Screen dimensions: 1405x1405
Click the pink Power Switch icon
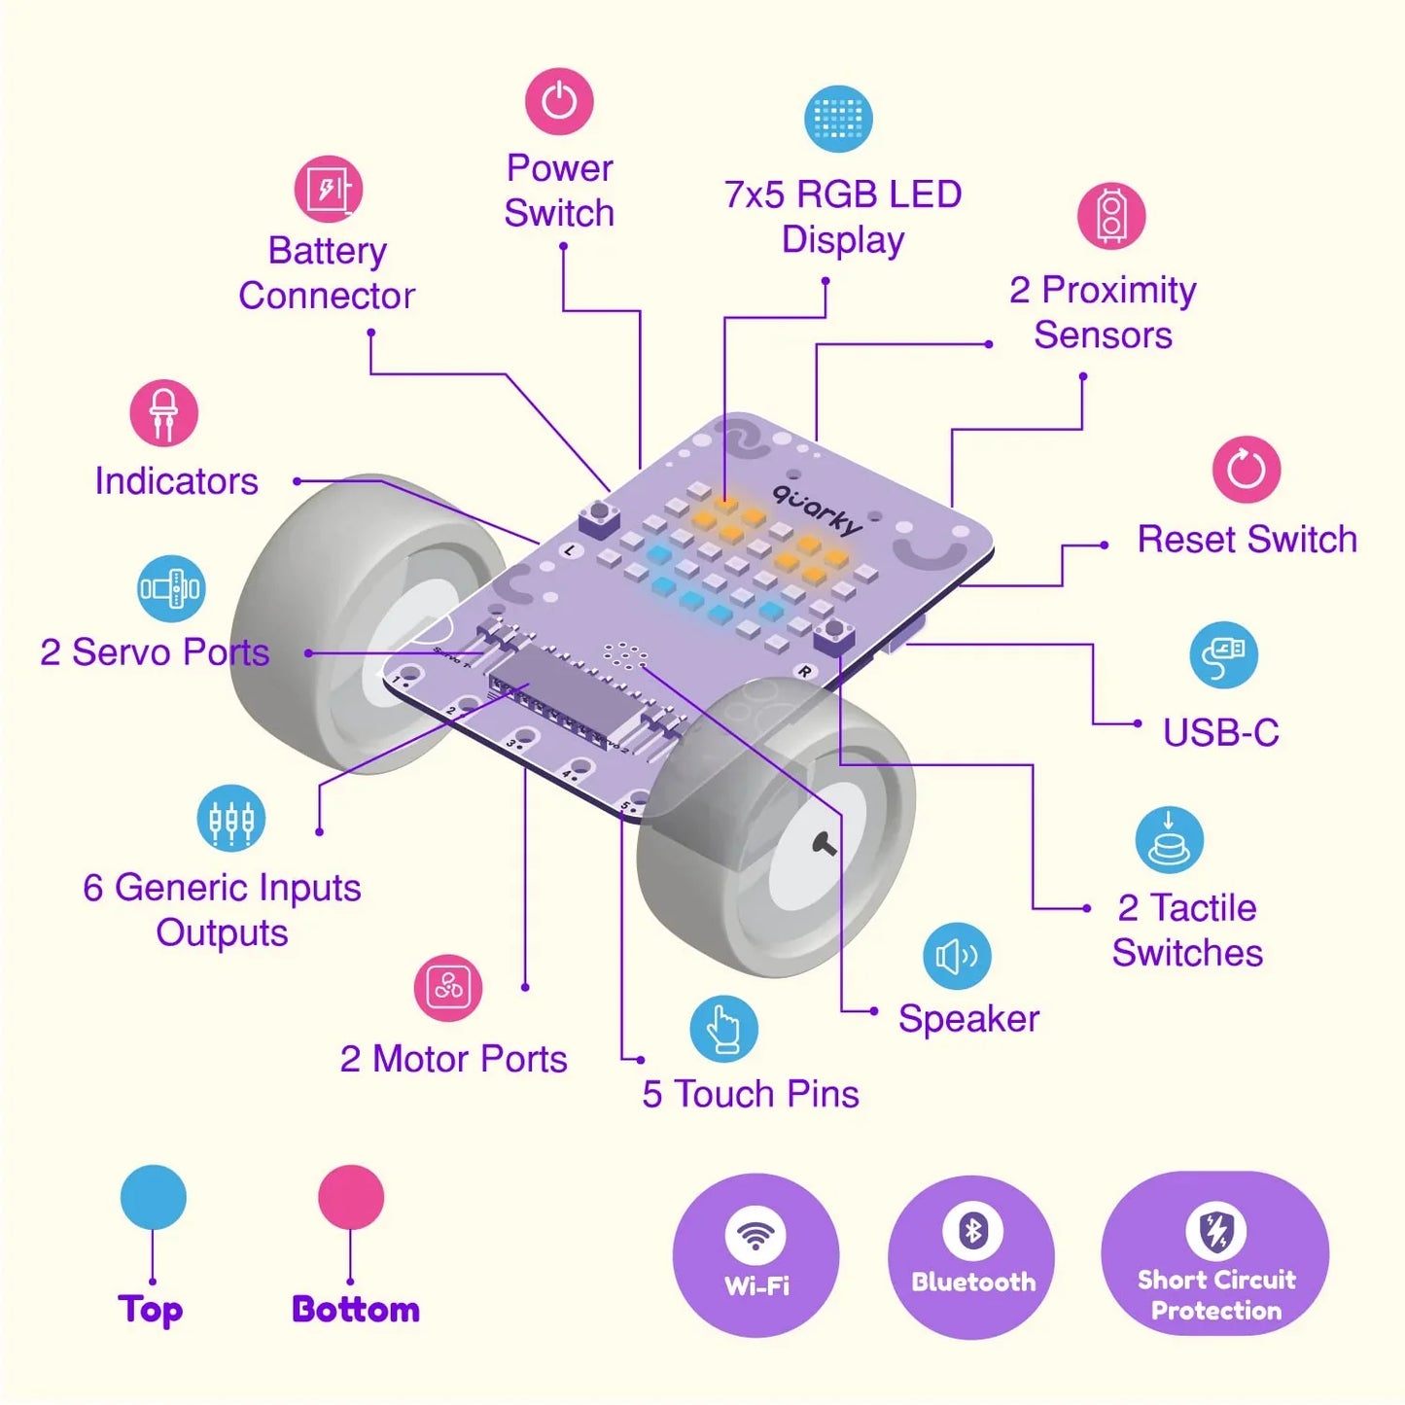click(559, 101)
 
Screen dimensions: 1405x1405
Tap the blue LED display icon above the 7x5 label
click(838, 119)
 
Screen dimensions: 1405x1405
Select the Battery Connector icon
click(329, 189)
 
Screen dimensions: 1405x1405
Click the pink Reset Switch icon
click(1247, 470)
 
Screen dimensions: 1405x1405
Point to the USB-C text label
click(1221, 733)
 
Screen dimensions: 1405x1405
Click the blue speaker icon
click(957, 956)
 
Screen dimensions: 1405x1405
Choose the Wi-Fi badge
click(756, 1254)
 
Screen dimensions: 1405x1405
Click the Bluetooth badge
click(971, 1254)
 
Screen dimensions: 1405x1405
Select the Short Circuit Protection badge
click(1215, 1254)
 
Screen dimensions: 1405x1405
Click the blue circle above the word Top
click(154, 1197)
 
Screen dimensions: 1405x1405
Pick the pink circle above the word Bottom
click(351, 1197)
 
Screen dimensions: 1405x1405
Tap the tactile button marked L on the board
click(600, 516)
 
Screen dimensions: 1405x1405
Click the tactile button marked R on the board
click(832, 635)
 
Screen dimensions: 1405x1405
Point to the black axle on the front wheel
click(825, 844)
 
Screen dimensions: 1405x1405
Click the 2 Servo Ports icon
click(171, 588)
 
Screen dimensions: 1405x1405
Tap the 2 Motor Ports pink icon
click(448, 988)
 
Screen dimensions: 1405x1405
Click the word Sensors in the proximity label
click(1103, 335)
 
